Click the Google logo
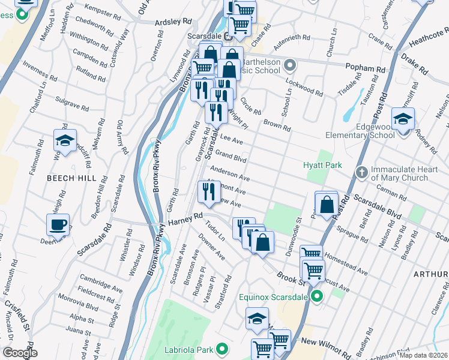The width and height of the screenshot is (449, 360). pos(20,353)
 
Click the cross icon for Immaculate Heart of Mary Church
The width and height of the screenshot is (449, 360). pos(361,173)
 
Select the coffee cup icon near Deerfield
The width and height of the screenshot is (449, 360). pos(58,225)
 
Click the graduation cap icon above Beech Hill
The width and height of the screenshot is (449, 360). pos(64,140)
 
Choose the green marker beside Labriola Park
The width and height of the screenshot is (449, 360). pos(222,349)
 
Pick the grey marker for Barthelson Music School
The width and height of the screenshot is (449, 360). pos(290,64)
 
